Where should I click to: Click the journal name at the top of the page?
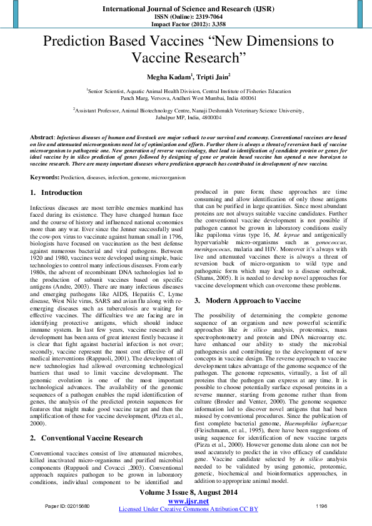coord(186,9)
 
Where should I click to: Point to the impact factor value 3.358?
coord(209,24)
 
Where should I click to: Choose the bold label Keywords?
coord(45,178)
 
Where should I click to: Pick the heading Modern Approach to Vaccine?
coord(252,300)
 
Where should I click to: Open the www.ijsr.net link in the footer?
coord(186,502)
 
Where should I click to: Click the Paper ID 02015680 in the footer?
coord(68,505)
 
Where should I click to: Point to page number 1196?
coord(321,505)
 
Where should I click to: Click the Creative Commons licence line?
coord(186,510)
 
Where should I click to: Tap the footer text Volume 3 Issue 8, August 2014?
coord(186,494)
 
